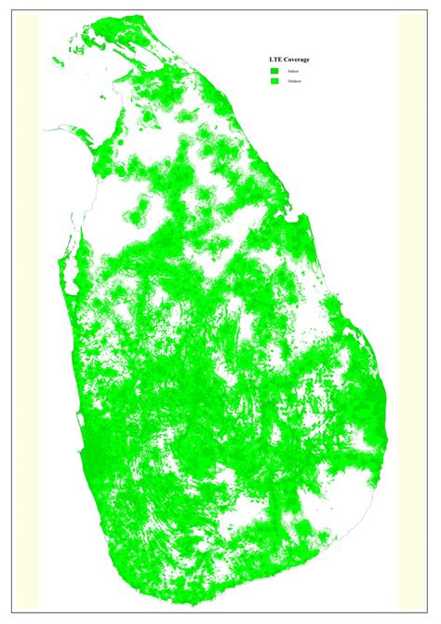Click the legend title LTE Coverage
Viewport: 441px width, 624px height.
pyautogui.click(x=290, y=60)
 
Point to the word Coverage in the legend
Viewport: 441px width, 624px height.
pyautogui.click(x=297, y=60)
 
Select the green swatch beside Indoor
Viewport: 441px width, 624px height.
pyautogui.click(x=274, y=71)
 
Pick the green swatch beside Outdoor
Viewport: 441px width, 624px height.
pyautogui.click(x=274, y=82)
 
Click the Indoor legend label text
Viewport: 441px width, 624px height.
pyautogui.click(x=293, y=71)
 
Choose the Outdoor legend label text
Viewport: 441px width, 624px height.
pyautogui.click(x=295, y=82)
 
